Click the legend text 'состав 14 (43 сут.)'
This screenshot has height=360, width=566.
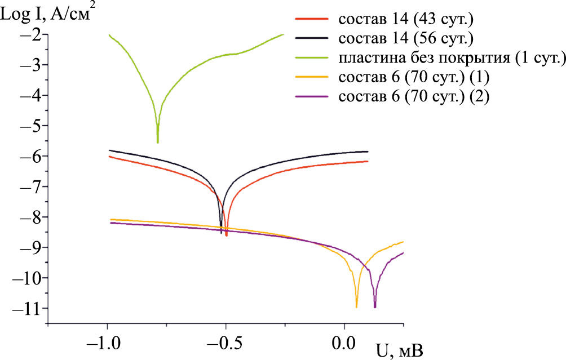(405, 20)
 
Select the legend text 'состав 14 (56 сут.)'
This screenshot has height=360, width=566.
(405, 39)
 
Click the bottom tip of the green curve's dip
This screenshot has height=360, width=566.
(157, 143)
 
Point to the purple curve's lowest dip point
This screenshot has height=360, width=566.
(375, 307)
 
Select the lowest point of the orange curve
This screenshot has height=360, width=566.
(356, 306)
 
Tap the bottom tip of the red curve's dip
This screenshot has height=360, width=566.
(226, 235)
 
